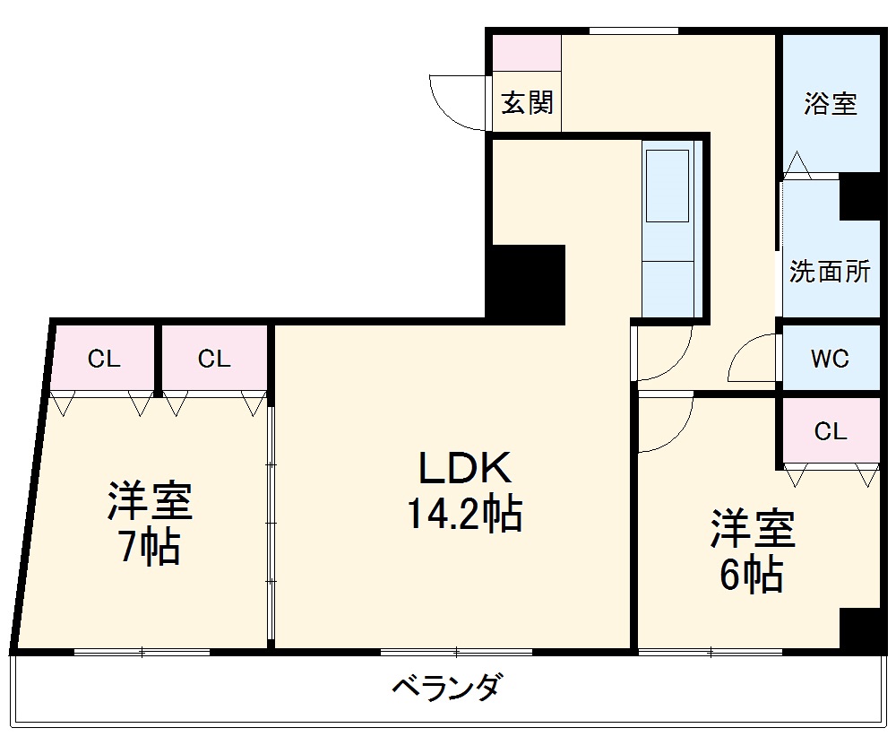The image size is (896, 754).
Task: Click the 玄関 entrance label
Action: pos(527,103)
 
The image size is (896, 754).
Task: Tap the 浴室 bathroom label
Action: pos(830,103)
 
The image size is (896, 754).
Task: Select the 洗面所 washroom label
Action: pos(830,272)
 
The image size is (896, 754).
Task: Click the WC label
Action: pos(830,359)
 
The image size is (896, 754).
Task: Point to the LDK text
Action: pos(465,468)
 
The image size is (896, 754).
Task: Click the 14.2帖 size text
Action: pos(465,515)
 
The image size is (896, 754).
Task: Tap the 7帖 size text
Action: pos(151,547)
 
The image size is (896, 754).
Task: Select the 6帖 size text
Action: pos(753,575)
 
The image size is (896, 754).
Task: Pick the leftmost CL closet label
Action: pos(104,360)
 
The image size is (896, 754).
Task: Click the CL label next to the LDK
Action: pos(214,360)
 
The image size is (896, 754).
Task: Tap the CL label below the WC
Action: pos(831,431)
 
